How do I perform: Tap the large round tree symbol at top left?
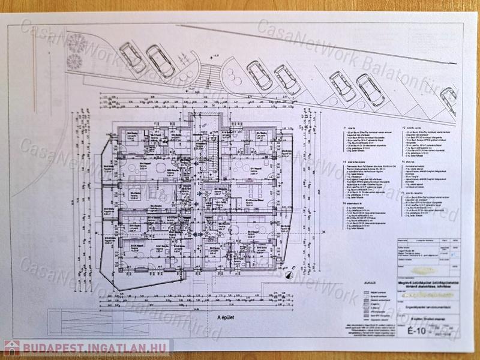(76, 43)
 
